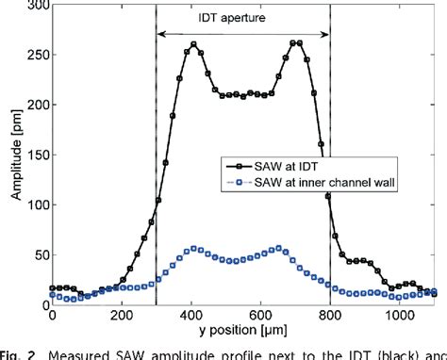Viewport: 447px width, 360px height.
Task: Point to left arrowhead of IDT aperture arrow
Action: (160, 34)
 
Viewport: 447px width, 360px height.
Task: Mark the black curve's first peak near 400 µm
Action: (194, 44)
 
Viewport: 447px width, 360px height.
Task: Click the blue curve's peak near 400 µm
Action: (194, 249)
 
